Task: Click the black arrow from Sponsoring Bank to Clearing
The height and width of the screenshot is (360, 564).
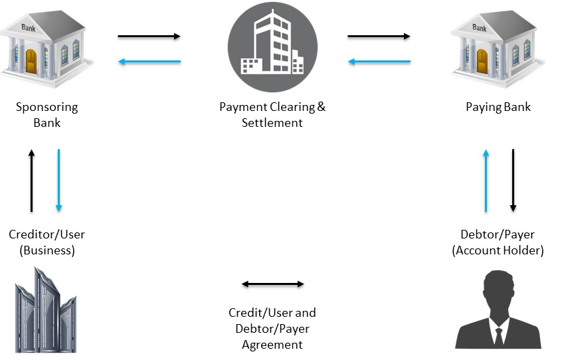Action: (x=149, y=36)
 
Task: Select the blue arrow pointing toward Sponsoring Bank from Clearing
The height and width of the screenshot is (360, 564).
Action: (x=149, y=62)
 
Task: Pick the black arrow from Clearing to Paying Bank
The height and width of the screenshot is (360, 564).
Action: (x=379, y=36)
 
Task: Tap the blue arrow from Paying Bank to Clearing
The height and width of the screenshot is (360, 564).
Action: (x=379, y=62)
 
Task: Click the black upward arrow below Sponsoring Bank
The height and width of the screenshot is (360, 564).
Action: (x=31, y=180)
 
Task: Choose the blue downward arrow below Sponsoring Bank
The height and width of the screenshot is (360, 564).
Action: (x=59, y=180)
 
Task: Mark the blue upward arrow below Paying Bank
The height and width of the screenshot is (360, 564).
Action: (x=486, y=180)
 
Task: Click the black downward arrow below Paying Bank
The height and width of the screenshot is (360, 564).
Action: (x=513, y=180)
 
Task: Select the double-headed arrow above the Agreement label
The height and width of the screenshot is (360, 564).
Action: (x=272, y=284)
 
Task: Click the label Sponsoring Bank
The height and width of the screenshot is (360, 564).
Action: (x=46, y=114)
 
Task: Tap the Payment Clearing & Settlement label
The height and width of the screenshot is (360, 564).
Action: (x=272, y=114)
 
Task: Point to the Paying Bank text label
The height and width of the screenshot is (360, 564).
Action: (x=498, y=107)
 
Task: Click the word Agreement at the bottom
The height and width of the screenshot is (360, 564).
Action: (x=272, y=345)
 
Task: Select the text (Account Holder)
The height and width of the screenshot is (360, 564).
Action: (x=498, y=250)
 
